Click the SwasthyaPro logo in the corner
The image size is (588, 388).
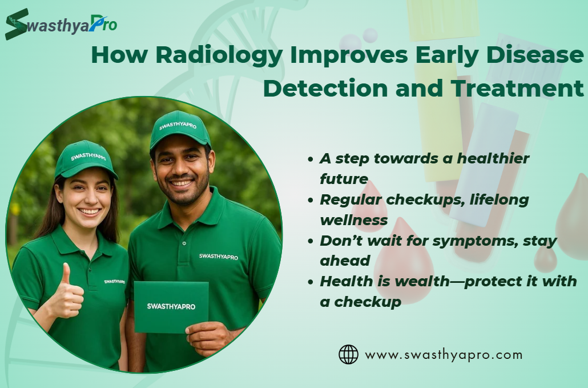(61, 24)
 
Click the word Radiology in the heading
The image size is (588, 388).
(219, 55)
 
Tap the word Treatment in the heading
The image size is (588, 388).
(517, 88)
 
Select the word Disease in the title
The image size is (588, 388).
(535, 55)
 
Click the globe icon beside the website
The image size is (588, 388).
(348, 355)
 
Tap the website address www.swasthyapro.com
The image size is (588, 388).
(444, 355)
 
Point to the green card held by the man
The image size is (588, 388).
(171, 307)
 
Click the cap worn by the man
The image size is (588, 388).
(180, 130)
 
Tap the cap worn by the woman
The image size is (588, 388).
(86, 159)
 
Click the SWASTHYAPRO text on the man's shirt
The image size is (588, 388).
(219, 257)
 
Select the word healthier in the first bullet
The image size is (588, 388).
(493, 158)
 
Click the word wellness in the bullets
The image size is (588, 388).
(353, 220)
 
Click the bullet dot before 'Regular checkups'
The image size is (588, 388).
(310, 200)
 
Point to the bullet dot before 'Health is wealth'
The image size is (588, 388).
(310, 282)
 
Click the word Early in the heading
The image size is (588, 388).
(446, 55)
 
